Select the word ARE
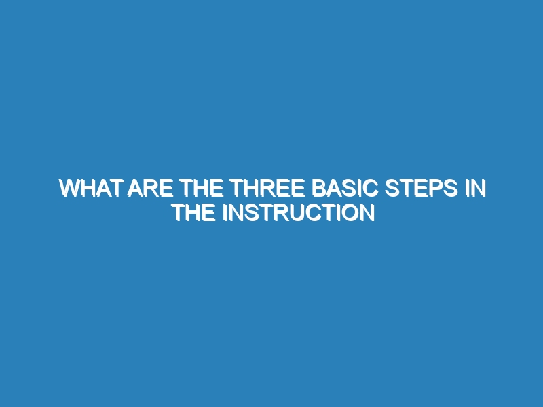coord(150,189)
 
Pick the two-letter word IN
coord(476,189)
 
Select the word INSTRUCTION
coord(299,212)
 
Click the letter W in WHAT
coord(71,189)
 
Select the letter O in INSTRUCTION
coord(350,212)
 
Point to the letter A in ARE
coord(134,189)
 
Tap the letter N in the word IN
coord(479,189)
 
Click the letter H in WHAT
coord(90,189)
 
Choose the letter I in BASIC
coord(359,189)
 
